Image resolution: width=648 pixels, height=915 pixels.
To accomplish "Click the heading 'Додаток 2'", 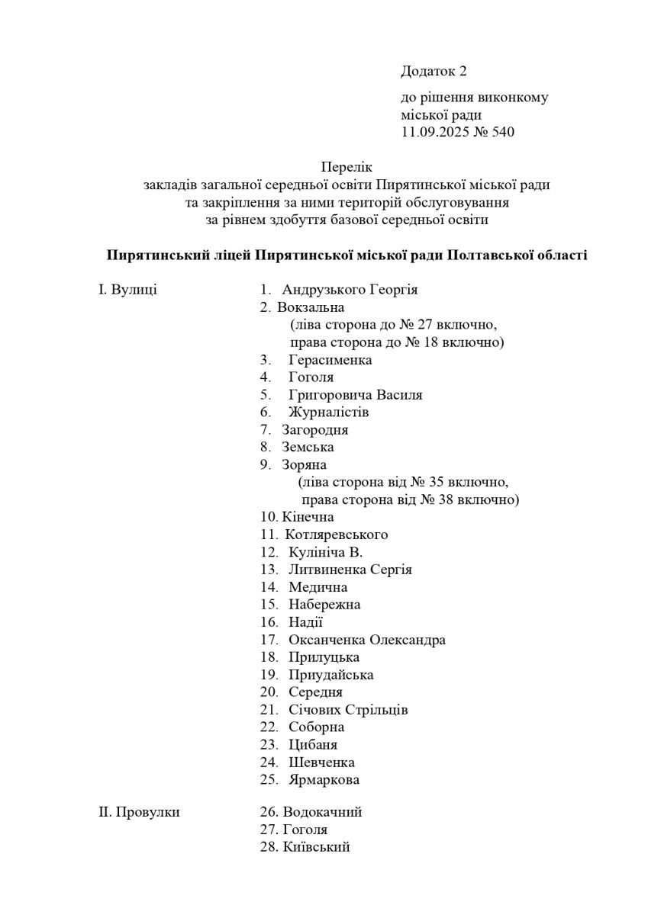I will (433, 72).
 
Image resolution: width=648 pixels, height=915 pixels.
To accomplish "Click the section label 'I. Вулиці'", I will (128, 290).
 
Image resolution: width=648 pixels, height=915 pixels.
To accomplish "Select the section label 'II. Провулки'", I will (140, 812).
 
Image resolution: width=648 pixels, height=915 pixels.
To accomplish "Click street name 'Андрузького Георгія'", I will (350, 290).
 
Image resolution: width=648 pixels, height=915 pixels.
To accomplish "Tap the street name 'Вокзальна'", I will (311, 307).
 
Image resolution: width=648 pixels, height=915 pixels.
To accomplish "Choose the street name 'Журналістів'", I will (328, 413).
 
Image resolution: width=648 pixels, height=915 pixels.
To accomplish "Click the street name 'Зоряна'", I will (305, 465).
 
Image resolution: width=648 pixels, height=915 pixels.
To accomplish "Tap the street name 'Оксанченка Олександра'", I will (367, 640).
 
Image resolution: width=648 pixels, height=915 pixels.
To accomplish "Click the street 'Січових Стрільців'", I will (348, 710).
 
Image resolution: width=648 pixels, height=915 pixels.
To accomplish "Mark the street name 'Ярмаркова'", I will (324, 780).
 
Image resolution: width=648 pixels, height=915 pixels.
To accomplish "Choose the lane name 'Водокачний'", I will (321, 812).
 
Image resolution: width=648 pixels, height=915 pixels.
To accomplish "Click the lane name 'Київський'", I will (316, 847).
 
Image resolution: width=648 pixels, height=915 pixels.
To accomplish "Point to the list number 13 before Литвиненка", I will (268, 570).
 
